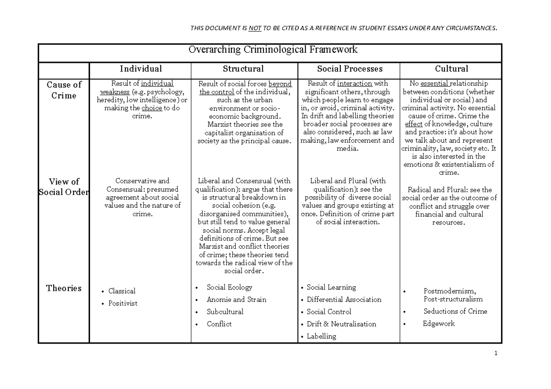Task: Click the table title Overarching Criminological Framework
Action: [x=273, y=50]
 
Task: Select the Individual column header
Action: [x=141, y=69]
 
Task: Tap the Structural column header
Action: [x=243, y=69]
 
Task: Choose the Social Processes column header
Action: [x=350, y=69]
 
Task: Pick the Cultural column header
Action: [x=451, y=69]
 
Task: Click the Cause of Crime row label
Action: [x=64, y=90]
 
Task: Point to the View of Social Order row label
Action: [x=64, y=187]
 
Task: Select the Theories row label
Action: [x=64, y=288]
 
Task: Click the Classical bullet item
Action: [x=122, y=291]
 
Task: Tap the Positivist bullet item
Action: [x=123, y=303]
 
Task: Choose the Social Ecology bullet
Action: [x=229, y=287]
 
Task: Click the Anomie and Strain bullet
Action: [x=236, y=300]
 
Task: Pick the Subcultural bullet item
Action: [x=225, y=311]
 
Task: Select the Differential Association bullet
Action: [x=344, y=300]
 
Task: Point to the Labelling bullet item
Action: [x=321, y=336]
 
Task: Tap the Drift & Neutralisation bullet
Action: [x=341, y=324]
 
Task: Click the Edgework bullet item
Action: [x=439, y=323]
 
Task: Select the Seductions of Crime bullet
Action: [x=455, y=311]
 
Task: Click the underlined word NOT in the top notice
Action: [x=255, y=28]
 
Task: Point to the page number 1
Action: [x=496, y=354]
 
